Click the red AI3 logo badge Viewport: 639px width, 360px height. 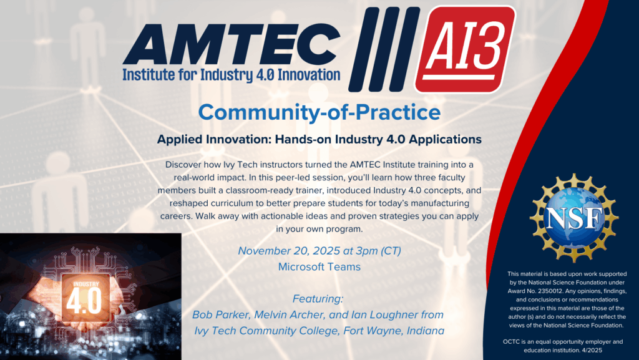coord(465,50)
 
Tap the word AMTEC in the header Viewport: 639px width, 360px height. coord(232,44)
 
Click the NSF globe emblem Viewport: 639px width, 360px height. coord(574,218)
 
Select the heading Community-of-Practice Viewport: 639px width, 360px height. coord(319,112)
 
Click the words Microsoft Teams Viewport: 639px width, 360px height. coord(319,267)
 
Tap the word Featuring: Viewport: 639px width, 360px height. coord(318,299)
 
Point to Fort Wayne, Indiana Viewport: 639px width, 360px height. coord(394,331)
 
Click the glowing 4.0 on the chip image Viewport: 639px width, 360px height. coord(84,301)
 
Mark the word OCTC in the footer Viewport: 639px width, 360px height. coord(511,342)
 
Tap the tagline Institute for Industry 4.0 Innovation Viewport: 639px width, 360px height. coord(232,75)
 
